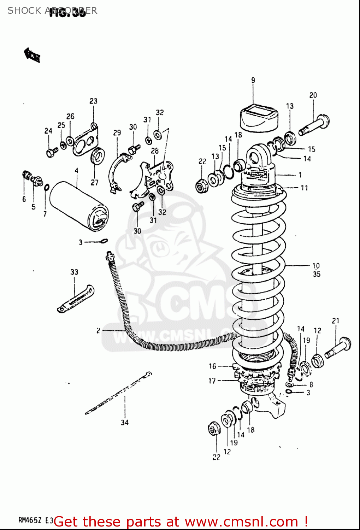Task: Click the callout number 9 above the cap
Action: pos(253,81)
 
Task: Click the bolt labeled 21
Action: pos(337,348)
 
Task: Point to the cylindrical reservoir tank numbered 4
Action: pos(78,206)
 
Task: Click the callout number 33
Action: pos(74,272)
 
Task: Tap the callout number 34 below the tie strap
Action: pos(124,422)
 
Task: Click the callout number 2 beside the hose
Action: pos(98,331)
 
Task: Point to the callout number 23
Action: pos(93,101)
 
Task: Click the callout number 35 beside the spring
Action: pos(316,274)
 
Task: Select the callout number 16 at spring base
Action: pos(212,366)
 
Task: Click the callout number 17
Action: pos(212,381)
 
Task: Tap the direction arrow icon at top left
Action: pos(32,55)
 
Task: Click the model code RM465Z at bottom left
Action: pos(30,520)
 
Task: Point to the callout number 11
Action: pos(304,188)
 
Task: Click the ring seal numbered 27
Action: pos(98,155)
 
